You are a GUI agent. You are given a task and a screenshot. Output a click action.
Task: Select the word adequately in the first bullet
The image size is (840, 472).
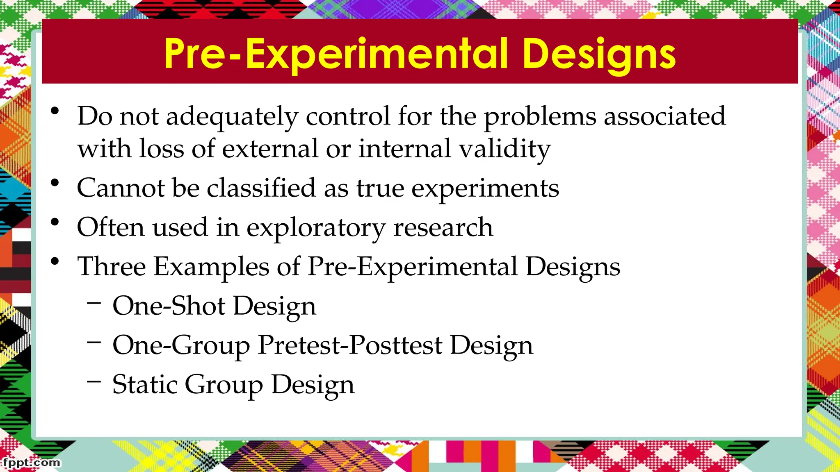tap(232, 117)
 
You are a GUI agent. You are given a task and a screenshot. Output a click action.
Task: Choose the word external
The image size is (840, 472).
tap(270, 148)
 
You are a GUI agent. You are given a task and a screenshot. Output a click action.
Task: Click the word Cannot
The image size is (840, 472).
tap(120, 188)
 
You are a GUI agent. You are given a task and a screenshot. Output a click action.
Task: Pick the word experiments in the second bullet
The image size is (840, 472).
tap(485, 189)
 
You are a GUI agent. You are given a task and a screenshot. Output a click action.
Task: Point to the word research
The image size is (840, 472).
tap(443, 227)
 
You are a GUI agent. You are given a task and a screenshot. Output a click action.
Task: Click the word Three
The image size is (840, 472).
tap(112, 266)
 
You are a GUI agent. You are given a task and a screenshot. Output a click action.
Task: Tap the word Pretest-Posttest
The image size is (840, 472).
tap(350, 345)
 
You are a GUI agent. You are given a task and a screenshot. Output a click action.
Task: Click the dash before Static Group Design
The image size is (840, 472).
tap(94, 381)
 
